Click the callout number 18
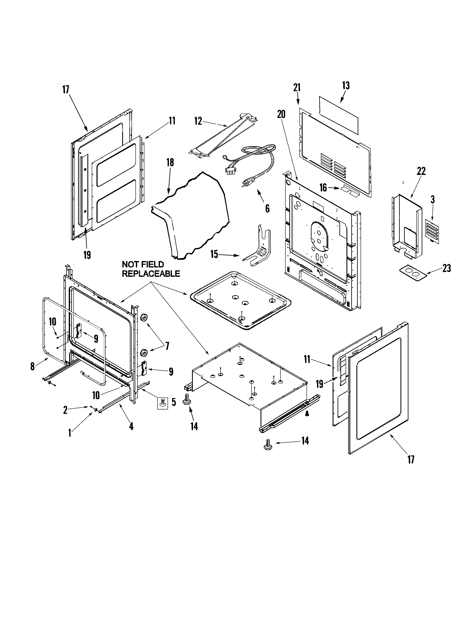[170, 162]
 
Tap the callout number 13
[346, 85]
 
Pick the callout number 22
[421, 171]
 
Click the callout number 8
[33, 366]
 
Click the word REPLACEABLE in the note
[151, 274]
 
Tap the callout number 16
[323, 188]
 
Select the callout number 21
[297, 88]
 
